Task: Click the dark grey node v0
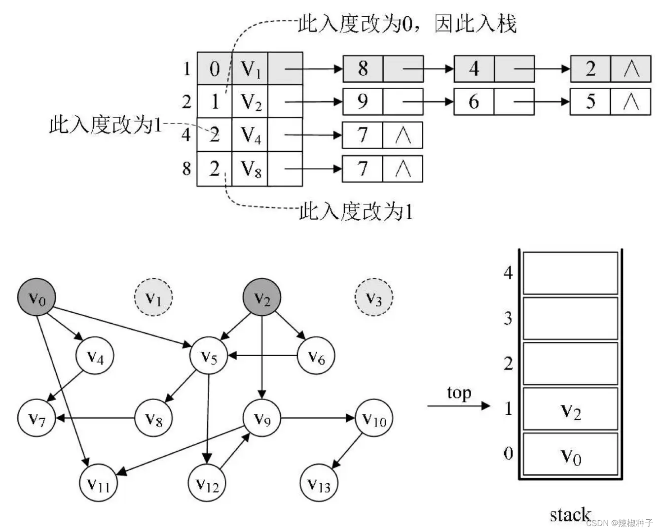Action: tap(37, 298)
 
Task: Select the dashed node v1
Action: tap(153, 298)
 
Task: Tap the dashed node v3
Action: tap(374, 298)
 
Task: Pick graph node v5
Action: tap(209, 357)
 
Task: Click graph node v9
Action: tap(262, 419)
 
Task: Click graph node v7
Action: tap(37, 419)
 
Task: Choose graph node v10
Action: tap(374, 419)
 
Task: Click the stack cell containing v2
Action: tap(570, 409)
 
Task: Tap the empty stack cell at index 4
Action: tap(570, 273)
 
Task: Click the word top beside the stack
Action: tap(459, 393)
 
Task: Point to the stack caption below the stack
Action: tap(570, 515)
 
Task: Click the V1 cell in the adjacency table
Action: tap(250, 68)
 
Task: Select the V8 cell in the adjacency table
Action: tap(250, 169)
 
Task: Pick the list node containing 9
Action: tap(363, 102)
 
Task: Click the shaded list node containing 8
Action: tap(363, 68)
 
